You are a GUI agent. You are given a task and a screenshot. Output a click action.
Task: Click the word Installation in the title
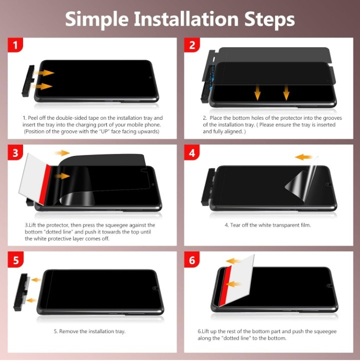(x=186, y=19)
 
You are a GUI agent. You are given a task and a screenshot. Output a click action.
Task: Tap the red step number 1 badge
(x=16, y=45)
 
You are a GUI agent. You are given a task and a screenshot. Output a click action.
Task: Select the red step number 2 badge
(x=192, y=45)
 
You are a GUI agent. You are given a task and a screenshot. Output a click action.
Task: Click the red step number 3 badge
(x=16, y=152)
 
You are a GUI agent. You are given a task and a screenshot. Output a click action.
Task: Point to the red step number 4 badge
(x=192, y=152)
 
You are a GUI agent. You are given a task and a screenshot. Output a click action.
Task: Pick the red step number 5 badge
(x=16, y=260)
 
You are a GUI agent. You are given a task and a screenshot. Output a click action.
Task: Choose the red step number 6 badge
(x=192, y=260)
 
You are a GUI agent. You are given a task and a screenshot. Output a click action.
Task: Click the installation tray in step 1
(x=28, y=81)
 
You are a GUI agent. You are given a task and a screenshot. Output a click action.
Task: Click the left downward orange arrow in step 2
(x=257, y=93)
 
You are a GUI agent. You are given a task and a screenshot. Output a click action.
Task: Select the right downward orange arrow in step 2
(x=286, y=93)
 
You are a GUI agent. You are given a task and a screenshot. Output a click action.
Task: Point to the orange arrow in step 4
(x=303, y=157)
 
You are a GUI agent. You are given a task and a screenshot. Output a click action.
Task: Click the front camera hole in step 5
(x=155, y=288)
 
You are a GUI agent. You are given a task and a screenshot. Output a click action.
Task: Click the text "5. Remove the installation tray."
(x=90, y=331)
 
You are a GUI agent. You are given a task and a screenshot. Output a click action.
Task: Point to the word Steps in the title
(x=269, y=20)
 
